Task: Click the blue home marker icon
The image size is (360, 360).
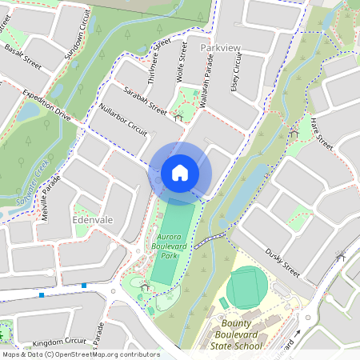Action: [180, 173]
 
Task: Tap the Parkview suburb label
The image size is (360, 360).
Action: [221, 49]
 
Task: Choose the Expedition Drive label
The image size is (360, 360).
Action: [46, 105]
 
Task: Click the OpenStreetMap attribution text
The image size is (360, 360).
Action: [80, 354]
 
